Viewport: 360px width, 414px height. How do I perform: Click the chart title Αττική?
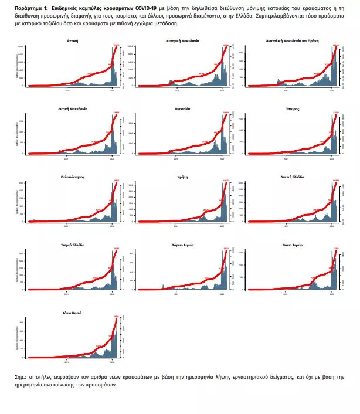point(74,42)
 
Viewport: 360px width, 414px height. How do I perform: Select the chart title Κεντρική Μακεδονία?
point(182,42)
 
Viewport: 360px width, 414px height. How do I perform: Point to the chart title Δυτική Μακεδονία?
point(74,109)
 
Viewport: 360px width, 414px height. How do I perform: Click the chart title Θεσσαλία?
point(182,109)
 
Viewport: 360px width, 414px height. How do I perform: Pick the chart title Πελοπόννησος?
point(74,177)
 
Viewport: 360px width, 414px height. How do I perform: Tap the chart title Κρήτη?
point(182,177)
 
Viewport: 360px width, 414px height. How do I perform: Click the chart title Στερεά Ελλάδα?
point(74,245)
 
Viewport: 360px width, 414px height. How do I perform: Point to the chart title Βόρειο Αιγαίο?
point(182,245)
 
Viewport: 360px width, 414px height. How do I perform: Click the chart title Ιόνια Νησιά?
point(74,313)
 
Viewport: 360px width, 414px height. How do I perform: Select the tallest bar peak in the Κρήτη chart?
point(222,184)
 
